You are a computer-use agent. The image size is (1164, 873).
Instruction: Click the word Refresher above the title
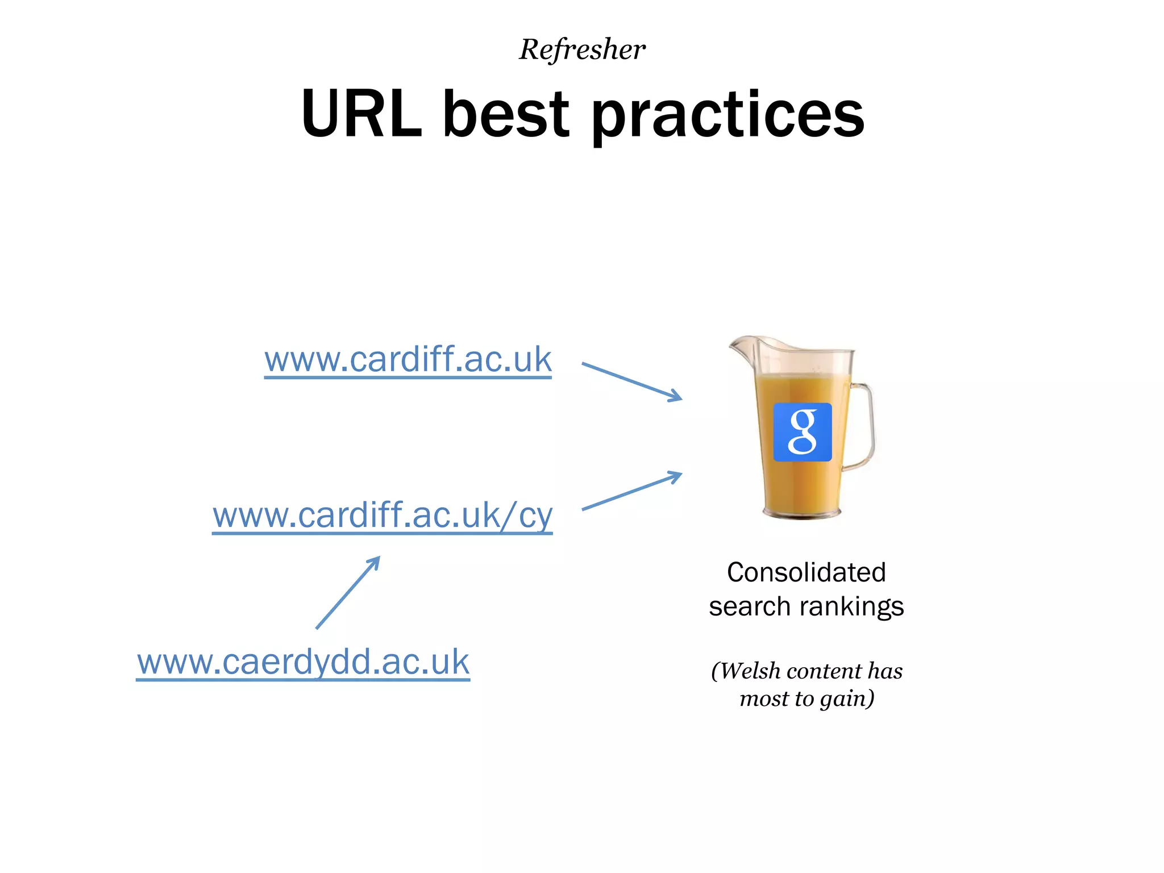(582, 49)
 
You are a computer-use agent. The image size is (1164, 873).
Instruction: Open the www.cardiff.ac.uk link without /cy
(408, 360)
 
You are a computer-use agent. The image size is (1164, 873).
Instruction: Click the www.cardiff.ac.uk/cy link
(382, 516)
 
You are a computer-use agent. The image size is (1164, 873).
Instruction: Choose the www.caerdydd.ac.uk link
(303, 662)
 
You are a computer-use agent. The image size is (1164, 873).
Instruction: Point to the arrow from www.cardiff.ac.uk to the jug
(631, 381)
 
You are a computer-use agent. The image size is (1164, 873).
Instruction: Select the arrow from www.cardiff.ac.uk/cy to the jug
(631, 491)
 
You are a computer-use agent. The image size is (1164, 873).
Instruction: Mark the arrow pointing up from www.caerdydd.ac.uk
(348, 593)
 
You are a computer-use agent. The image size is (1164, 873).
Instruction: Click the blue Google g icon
(803, 432)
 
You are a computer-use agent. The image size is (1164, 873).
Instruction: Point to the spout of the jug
(739, 344)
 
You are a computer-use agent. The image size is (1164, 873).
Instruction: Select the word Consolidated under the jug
(806, 572)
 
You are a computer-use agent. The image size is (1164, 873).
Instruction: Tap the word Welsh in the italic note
(751, 671)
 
